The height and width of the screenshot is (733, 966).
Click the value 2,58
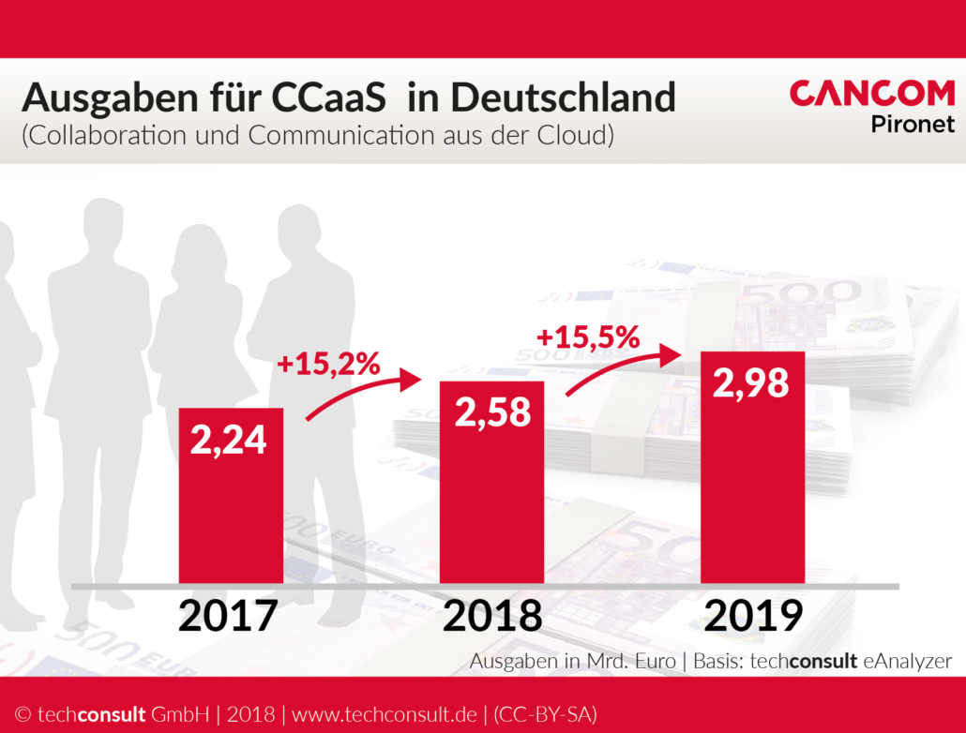coord(492,411)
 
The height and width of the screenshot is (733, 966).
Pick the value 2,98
coord(751,382)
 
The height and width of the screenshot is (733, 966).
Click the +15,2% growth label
coord(329,364)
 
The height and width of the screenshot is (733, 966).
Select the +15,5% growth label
coord(588,337)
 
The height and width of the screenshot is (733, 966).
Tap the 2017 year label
coord(229,616)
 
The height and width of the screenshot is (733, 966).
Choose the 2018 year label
coord(492,616)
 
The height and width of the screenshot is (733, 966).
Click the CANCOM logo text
coord(872,94)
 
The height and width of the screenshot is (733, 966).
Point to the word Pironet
coord(913,123)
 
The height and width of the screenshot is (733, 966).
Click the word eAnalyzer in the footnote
coord(907,661)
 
